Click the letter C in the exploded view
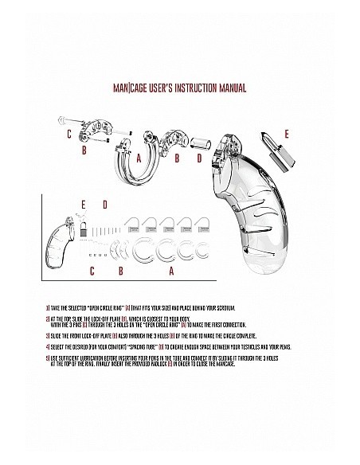(69, 133)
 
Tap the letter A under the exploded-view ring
(139, 158)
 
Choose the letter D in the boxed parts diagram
(104, 204)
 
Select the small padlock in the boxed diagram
(81, 227)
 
